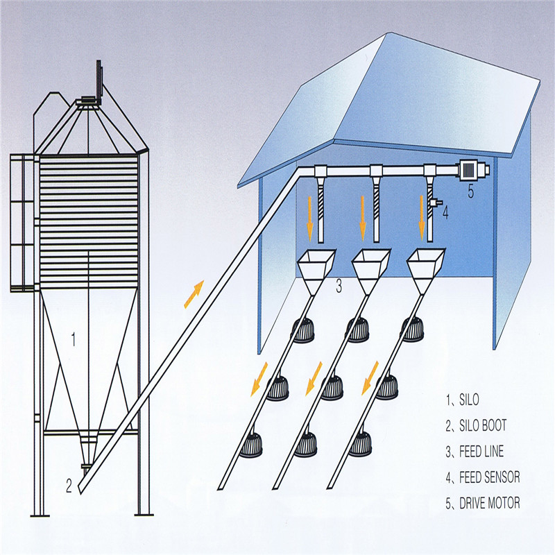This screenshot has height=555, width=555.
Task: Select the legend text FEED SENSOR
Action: tap(490, 477)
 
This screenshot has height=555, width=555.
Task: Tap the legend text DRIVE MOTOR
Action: tap(490, 503)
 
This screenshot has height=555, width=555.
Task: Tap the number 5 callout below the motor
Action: tap(470, 192)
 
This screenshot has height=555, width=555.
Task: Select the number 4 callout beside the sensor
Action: tap(445, 213)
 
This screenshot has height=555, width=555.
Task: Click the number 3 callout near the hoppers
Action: tap(339, 285)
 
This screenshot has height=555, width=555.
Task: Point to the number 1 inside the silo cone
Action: tap(73, 339)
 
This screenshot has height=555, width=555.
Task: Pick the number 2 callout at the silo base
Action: tap(69, 486)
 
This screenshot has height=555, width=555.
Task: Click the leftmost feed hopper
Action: tap(316, 265)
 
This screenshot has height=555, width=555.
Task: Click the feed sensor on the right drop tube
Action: tap(434, 202)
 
